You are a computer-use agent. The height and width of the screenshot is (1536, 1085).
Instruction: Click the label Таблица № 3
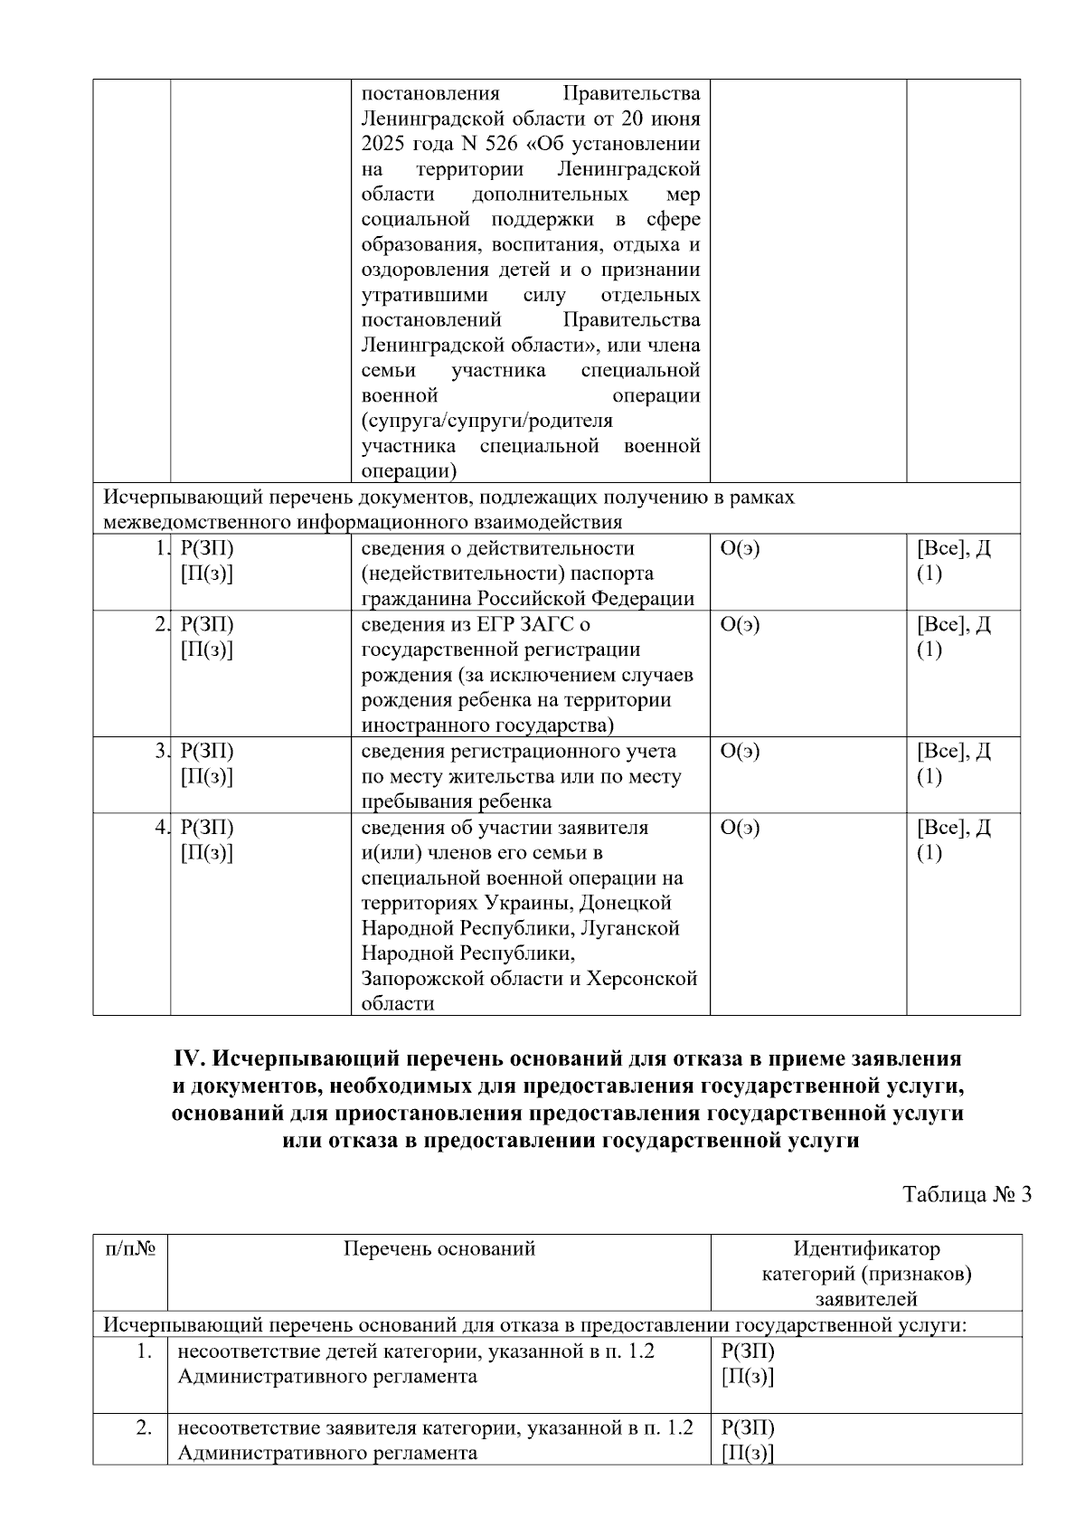click(x=967, y=1194)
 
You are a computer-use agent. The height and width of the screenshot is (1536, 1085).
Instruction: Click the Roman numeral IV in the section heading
click(x=189, y=1058)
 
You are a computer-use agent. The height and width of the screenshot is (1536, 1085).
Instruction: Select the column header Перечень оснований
click(x=439, y=1249)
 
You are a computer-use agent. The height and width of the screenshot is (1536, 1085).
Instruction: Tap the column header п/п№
click(x=131, y=1249)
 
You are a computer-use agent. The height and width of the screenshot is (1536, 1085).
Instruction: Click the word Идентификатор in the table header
click(x=866, y=1249)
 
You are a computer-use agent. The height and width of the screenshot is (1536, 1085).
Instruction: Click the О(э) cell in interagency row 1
click(x=741, y=548)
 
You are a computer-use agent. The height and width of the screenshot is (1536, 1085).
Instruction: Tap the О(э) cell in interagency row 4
click(x=741, y=828)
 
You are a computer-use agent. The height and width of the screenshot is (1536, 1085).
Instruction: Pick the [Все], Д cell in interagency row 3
click(x=954, y=751)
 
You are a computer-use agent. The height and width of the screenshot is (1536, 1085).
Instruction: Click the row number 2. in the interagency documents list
click(x=161, y=624)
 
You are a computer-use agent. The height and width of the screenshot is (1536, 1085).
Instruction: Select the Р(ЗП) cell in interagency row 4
click(x=207, y=828)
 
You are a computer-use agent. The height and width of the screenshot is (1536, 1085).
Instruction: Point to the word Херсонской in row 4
click(x=643, y=979)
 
